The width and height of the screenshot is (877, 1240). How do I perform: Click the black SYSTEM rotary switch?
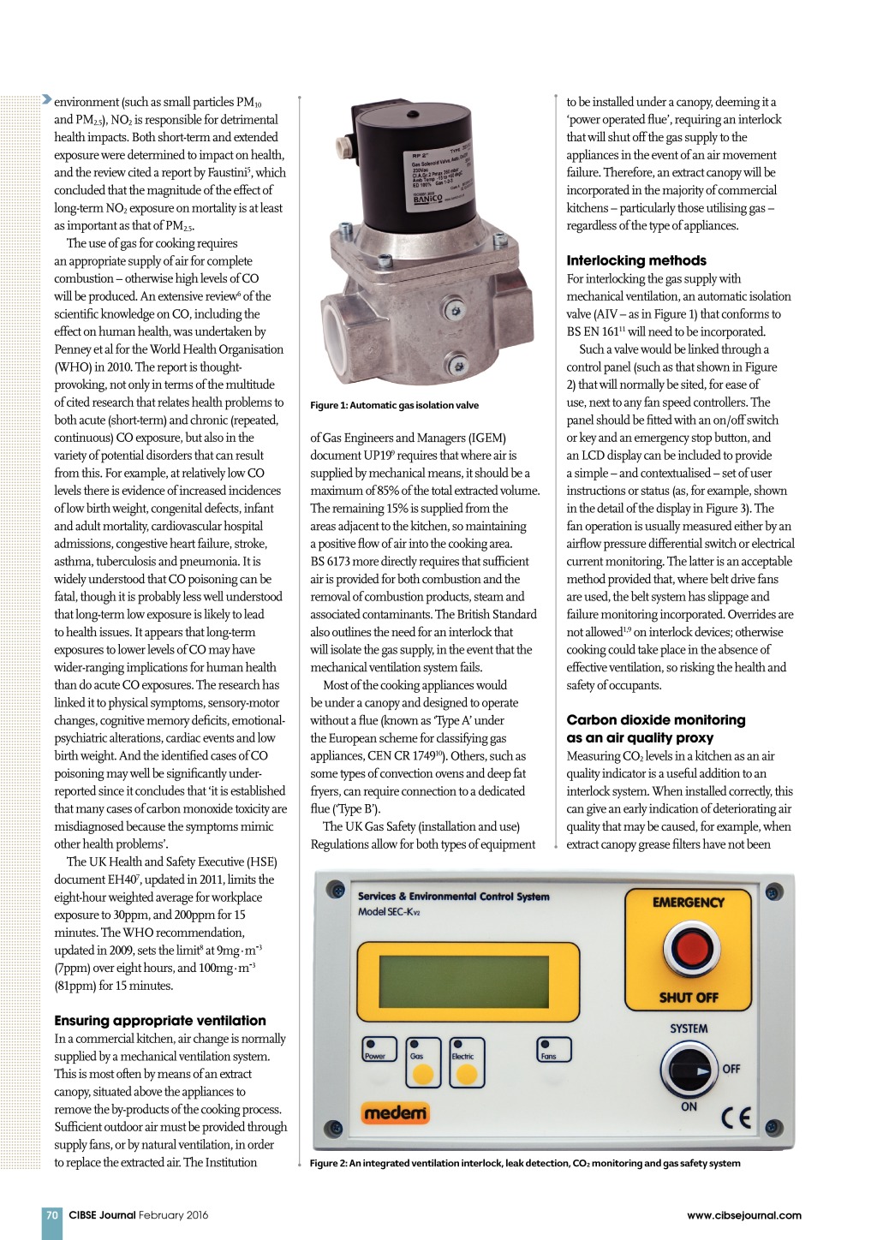pyautogui.click(x=689, y=1070)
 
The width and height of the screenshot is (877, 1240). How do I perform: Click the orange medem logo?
pyautogui.click(x=395, y=1113)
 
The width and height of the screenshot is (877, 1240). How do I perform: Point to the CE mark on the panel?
pyautogui.click(x=736, y=1118)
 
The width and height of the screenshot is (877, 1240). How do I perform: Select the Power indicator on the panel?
pyautogui.click(x=378, y=1050)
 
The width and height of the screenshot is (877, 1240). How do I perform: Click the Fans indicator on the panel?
pyautogui.click(x=552, y=1050)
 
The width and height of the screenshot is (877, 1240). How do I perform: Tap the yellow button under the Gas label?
pyautogui.click(x=423, y=1074)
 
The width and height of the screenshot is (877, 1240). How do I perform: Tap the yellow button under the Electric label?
pyautogui.click(x=467, y=1074)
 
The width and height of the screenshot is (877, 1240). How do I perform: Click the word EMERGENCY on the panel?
pyautogui.click(x=688, y=903)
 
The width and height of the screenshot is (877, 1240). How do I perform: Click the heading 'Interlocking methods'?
pyautogui.click(x=636, y=260)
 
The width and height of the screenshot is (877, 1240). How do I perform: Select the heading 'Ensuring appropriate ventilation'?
pyautogui.click(x=160, y=1020)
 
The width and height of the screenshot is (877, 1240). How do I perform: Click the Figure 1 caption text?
pyautogui.click(x=394, y=405)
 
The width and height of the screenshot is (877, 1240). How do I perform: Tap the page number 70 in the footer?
pyautogui.click(x=52, y=1214)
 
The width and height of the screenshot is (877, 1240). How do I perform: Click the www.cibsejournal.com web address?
pyautogui.click(x=743, y=1214)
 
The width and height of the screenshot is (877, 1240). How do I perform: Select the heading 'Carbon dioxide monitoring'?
pyautogui.click(x=656, y=720)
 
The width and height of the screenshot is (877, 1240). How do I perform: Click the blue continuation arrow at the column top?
pyautogui.click(x=46, y=100)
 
